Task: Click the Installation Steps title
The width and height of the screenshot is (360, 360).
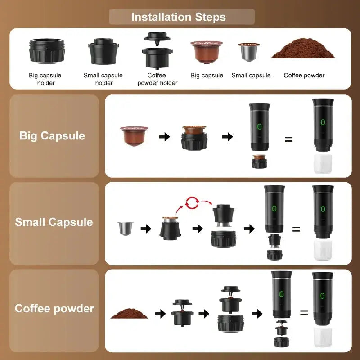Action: click(x=179, y=18)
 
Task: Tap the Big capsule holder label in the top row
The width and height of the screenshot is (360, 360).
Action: click(x=45, y=79)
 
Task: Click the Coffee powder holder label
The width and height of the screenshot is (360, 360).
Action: click(x=157, y=79)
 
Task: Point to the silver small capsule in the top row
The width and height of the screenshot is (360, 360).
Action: click(x=249, y=52)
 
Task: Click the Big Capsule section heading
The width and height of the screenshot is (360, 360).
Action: click(x=52, y=136)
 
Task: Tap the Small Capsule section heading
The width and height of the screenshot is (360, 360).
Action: click(x=54, y=222)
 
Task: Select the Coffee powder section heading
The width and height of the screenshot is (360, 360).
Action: click(x=54, y=309)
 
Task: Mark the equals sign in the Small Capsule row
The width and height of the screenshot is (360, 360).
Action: click(x=296, y=229)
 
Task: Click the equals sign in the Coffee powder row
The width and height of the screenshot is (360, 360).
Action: click(x=304, y=312)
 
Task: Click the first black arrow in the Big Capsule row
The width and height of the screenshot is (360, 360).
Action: click(x=165, y=137)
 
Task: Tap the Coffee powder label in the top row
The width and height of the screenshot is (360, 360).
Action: click(x=304, y=76)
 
